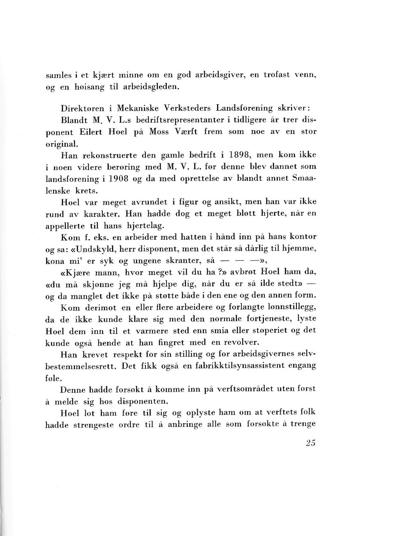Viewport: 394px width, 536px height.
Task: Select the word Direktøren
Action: pyautogui.click(x=82, y=109)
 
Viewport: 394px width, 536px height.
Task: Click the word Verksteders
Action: pyautogui.click(x=187, y=109)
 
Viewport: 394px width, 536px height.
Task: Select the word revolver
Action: pyautogui.click(x=240, y=342)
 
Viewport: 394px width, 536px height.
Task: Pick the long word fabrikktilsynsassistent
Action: pyautogui.click(x=239, y=365)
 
